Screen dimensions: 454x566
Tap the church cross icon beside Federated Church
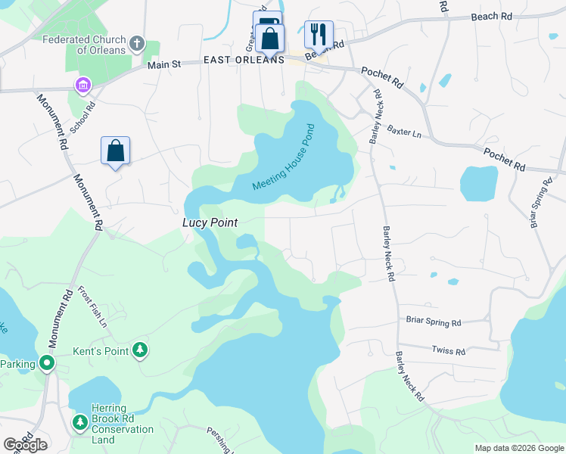[x=137, y=42]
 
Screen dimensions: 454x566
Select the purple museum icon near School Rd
[x=82, y=86]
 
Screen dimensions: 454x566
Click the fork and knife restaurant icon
[x=319, y=34]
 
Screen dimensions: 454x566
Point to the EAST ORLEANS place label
[x=244, y=60]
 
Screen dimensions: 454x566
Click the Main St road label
[x=165, y=66]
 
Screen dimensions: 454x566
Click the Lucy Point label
[x=210, y=223]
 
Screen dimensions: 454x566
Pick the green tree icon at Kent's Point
[x=139, y=350]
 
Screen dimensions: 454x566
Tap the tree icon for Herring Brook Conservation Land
[x=79, y=421]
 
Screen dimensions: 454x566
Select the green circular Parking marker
[x=47, y=363]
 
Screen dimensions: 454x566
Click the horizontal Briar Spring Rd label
[x=434, y=322]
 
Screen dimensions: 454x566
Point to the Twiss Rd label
[x=448, y=350]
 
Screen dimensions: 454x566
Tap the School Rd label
[x=82, y=117]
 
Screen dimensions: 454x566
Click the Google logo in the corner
[x=25, y=444]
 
